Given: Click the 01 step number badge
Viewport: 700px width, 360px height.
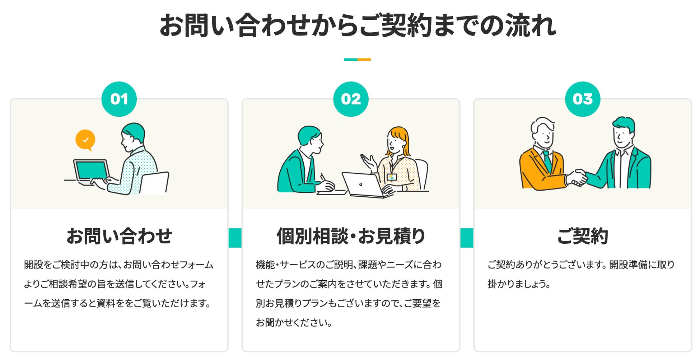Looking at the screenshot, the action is click(119, 99).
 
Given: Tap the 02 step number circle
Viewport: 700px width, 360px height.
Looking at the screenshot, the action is click(351, 99).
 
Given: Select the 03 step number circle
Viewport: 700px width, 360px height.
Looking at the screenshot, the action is click(583, 99).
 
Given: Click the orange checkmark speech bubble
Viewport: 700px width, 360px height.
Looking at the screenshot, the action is click(85, 139).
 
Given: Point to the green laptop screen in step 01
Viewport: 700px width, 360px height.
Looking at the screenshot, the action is click(92, 170).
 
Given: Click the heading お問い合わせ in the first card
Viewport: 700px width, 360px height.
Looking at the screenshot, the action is click(119, 236).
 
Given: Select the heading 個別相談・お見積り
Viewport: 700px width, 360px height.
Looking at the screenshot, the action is click(351, 236).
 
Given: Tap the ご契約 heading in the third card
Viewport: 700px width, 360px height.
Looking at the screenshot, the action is click(583, 236).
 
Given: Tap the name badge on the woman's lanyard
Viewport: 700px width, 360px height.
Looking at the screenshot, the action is click(392, 177).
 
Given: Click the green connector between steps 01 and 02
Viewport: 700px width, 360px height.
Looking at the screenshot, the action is click(235, 238).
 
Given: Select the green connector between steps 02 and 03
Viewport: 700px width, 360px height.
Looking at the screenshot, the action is click(467, 238).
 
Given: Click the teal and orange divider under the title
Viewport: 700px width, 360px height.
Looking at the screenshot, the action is click(357, 60).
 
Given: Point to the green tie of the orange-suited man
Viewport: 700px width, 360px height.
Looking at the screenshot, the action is click(547, 161).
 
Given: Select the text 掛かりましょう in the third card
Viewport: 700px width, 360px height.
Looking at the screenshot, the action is click(518, 284).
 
